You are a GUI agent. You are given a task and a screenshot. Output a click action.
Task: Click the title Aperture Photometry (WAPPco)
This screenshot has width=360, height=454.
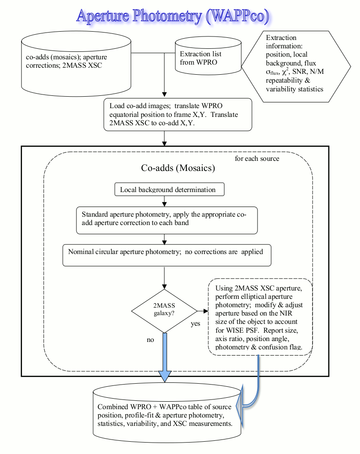(173, 16)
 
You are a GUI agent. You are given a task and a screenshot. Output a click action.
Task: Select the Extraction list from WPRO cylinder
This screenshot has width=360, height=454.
(208, 55)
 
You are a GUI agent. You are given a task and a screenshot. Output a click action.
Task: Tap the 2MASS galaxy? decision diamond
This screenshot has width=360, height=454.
(164, 311)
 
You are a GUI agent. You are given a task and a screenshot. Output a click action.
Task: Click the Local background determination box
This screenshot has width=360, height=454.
(169, 189)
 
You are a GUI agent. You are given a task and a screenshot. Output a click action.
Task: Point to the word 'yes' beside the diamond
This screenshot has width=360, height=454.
(196, 323)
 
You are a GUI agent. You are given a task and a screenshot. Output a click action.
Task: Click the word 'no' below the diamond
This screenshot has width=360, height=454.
(150, 340)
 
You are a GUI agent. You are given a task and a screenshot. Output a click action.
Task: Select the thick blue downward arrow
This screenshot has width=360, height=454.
(164, 357)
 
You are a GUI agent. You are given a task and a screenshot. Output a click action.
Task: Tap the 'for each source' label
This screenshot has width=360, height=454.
(257, 158)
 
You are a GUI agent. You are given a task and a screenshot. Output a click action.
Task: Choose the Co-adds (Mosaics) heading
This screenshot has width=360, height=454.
(178, 168)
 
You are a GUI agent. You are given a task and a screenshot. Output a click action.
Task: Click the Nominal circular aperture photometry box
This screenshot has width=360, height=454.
(167, 255)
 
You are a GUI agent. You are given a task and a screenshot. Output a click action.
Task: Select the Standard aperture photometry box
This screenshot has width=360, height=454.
(167, 220)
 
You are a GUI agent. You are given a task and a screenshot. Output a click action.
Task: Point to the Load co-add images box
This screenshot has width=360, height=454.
(178, 114)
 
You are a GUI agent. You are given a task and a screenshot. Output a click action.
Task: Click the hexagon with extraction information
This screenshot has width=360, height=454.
(296, 66)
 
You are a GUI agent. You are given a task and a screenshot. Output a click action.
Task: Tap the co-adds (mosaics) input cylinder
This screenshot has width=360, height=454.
(76, 64)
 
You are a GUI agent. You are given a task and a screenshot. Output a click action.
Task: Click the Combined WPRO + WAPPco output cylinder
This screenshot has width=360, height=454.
(167, 413)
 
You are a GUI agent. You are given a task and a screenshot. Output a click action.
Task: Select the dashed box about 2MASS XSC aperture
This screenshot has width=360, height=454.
(260, 317)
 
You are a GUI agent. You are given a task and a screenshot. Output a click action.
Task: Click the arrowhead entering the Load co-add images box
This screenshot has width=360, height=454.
(164, 94)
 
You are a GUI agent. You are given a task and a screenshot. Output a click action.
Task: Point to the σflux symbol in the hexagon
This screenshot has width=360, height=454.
(273, 72)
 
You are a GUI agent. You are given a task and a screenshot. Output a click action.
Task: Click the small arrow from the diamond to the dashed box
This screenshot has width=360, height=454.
(203, 311)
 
